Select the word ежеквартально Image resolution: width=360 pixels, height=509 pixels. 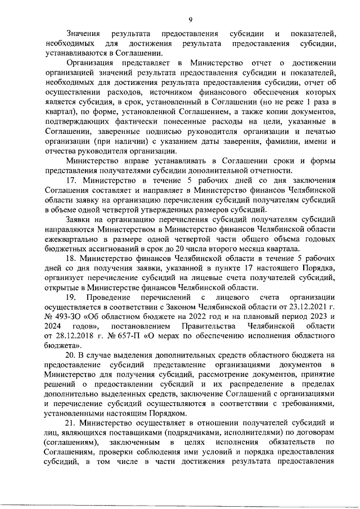75,236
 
